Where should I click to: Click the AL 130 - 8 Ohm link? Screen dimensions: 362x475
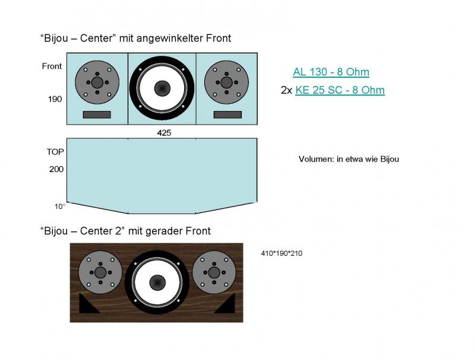[x=331, y=72]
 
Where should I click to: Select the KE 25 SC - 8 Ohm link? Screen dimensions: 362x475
[x=340, y=90]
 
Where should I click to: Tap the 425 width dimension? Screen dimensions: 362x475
[x=164, y=133]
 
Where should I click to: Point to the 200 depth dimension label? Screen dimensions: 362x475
[x=56, y=169]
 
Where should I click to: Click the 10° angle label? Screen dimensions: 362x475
[x=60, y=207]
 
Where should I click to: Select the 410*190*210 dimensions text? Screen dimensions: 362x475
[x=282, y=253]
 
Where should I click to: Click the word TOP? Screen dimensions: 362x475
[x=55, y=152]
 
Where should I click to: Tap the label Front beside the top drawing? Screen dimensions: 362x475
[x=52, y=66]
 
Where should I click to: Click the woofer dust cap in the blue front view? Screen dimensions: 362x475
[x=161, y=88]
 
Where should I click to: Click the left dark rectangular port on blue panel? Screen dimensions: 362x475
[x=97, y=115]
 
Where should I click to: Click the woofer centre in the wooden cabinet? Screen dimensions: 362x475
[x=157, y=283]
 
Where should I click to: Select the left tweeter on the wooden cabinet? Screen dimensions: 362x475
[x=100, y=272]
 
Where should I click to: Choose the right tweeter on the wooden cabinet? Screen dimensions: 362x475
[x=214, y=272]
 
